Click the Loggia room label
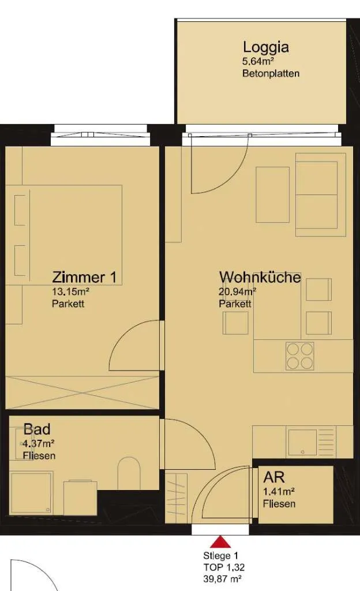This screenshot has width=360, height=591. click(266, 48)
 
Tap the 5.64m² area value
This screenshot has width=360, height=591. click(258, 61)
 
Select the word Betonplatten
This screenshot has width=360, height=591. click(271, 73)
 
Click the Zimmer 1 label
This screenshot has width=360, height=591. click(84, 277)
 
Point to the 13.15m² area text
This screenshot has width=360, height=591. click(70, 291)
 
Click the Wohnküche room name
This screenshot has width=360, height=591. click(260, 277)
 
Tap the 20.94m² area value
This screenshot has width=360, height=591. click(238, 291)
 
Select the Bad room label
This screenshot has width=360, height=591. click(37, 429)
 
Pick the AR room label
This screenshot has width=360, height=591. click(274, 477)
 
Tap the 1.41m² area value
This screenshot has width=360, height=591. click(279, 492)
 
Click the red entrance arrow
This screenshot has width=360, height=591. click(220, 542)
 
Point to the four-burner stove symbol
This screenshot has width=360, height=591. click(300, 356)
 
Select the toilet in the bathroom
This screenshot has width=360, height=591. click(129, 473)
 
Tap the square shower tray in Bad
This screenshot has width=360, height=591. click(31, 493)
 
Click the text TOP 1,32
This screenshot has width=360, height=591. click(224, 567)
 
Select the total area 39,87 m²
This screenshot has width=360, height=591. click(222, 578)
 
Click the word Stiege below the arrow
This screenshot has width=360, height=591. click(217, 556)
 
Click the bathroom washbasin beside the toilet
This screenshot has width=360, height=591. click(80, 498)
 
